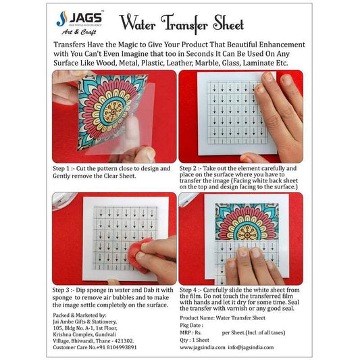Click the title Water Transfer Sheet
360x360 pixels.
click(x=181, y=24)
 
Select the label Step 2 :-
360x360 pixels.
click(x=197, y=167)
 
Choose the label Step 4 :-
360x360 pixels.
click(x=197, y=290)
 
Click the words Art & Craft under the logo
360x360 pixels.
click(x=79, y=31)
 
